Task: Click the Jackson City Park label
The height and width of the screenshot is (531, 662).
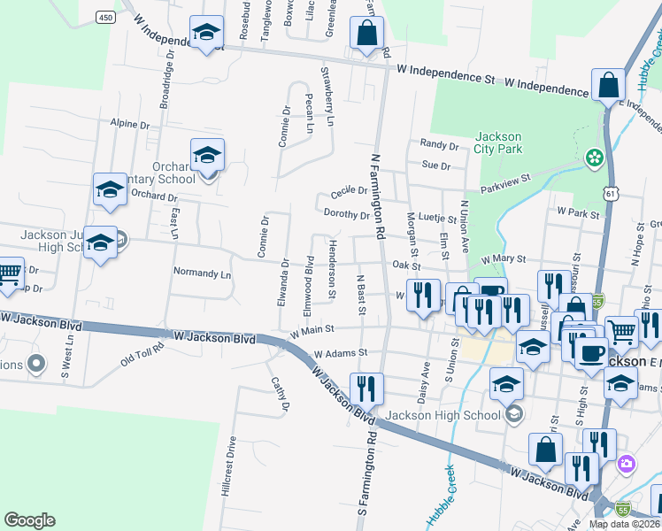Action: click(497, 142)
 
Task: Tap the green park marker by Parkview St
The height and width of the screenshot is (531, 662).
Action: click(594, 158)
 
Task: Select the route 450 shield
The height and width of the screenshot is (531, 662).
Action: click(105, 18)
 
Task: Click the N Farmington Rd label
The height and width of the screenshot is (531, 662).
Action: click(378, 195)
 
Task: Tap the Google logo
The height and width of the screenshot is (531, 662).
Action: click(30, 520)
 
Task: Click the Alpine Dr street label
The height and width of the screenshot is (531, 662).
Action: click(130, 124)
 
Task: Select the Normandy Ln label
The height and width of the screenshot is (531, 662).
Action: click(202, 273)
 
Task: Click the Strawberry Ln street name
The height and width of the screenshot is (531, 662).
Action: click(327, 96)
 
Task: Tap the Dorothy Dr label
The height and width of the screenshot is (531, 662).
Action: click(346, 214)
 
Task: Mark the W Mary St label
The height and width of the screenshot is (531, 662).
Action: click(504, 259)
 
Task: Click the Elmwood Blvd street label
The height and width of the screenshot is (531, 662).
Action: click(309, 286)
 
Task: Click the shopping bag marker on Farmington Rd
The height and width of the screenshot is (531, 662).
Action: click(366, 35)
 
